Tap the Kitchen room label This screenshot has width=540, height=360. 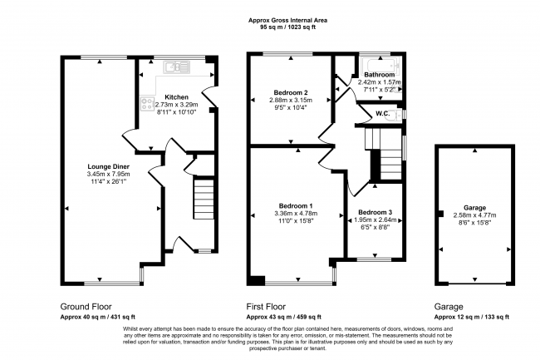coord(176,97)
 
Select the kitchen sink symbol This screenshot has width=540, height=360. coord(177,67)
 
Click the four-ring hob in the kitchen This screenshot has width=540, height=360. coord(147,104)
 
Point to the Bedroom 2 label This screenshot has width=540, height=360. coord(291,92)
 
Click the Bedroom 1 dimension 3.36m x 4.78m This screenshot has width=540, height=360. coord(296,214)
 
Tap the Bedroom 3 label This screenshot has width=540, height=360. coord(375,213)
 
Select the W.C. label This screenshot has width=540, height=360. coord(383,114)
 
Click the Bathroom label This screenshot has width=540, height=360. coord(379,75)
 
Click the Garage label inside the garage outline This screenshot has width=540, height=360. coord(474,208)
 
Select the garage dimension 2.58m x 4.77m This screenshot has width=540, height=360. coord(474,215)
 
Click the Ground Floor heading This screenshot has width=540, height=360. coord(86,307)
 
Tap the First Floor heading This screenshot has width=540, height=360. coord(266,307)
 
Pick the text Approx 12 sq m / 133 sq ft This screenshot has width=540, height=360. coord(472,317)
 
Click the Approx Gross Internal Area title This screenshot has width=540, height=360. coord(288,20)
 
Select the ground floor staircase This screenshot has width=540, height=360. coord(204,199)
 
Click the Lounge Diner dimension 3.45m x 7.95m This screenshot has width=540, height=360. coord(109,175)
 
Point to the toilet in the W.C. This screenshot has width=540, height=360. coord(398,115)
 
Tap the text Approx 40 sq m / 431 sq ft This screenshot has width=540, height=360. coord(98,317)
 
